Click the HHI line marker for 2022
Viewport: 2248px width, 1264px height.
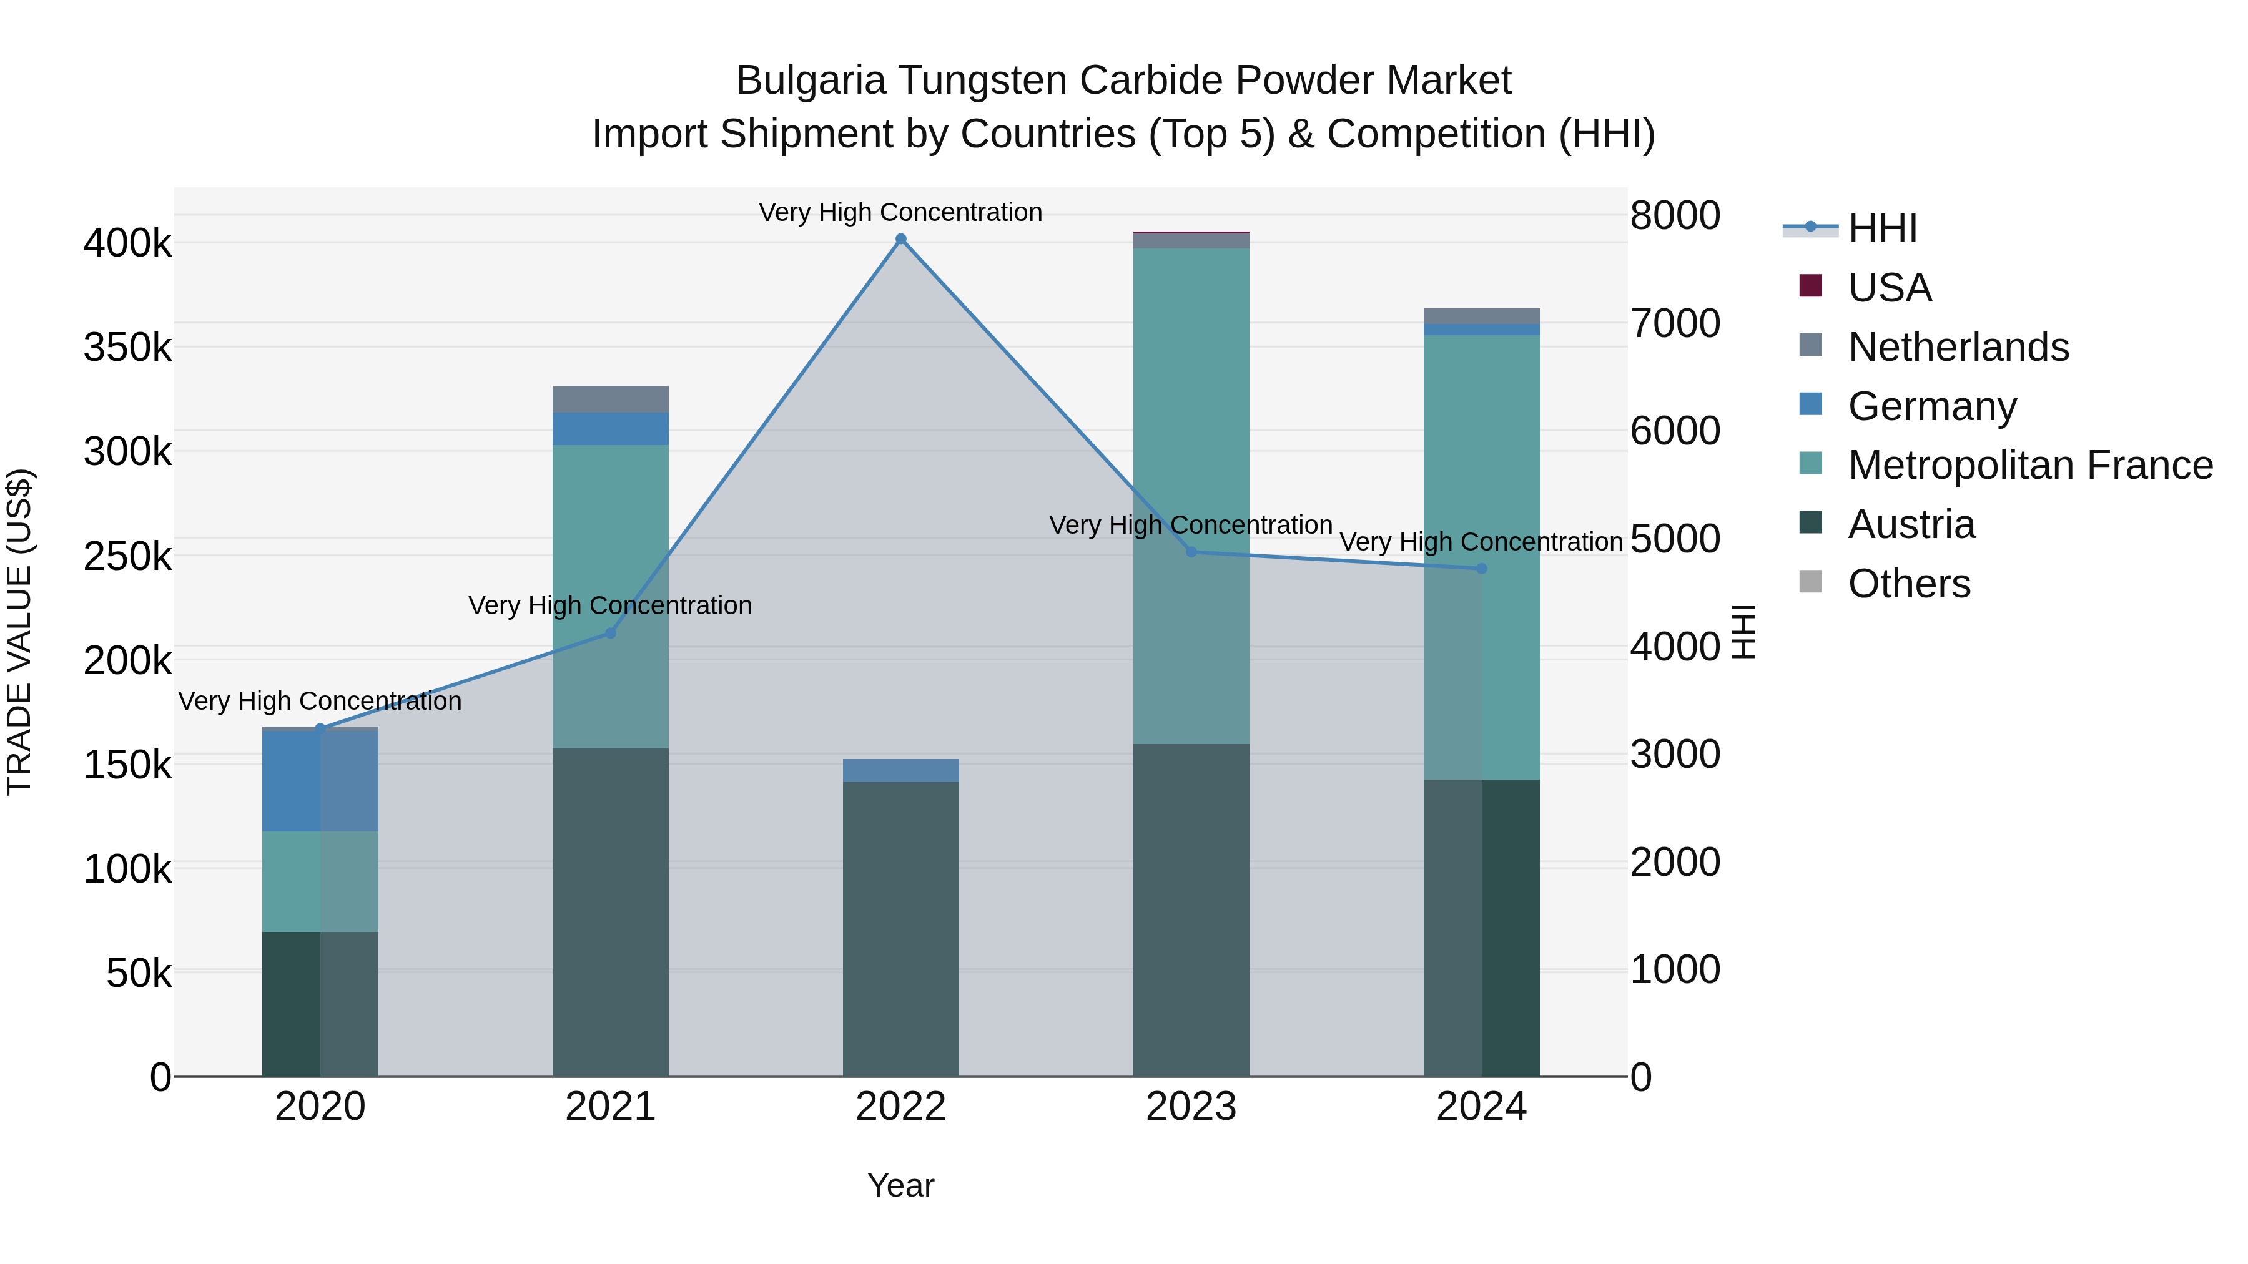click(900, 239)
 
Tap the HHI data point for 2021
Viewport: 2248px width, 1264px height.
click(611, 634)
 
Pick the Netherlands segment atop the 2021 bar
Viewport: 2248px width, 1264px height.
click(610, 399)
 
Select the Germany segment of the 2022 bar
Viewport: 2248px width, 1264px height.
click(900, 770)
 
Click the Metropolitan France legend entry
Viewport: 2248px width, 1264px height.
click(2030, 465)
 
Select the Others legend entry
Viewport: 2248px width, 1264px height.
click(1908, 584)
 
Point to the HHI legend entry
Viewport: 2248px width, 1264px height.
click(1882, 228)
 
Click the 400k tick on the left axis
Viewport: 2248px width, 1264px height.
click(127, 243)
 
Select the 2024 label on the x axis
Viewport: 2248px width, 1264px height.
click(1481, 1107)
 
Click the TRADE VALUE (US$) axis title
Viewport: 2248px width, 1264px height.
click(19, 632)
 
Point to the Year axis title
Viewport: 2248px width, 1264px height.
click(900, 1185)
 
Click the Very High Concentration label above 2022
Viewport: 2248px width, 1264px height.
click(900, 212)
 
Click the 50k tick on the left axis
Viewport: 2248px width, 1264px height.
click(139, 972)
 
